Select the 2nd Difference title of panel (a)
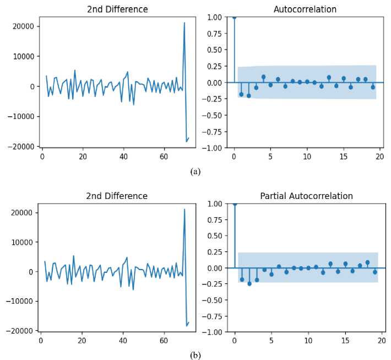[117, 9]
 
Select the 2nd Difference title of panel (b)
[117, 196]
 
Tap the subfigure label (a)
[195, 171]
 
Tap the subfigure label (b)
[195, 356]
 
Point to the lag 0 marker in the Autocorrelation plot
[234, 17]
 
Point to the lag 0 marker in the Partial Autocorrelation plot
[235, 203]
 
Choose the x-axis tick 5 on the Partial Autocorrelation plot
[271, 341]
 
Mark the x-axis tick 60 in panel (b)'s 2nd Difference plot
[164, 341]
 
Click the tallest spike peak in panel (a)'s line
[184, 23]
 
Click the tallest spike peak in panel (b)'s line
[184, 209]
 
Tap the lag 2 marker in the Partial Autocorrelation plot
[249, 283]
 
